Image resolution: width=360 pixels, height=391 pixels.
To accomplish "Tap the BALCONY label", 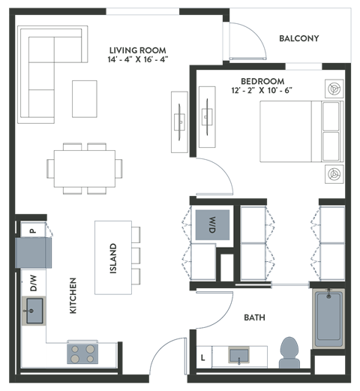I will click(298, 38).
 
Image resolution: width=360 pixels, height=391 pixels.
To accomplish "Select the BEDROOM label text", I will click(262, 80).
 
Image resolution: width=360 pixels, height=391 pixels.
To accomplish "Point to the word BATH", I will click(253, 318).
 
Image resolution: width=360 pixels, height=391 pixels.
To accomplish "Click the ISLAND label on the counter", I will click(113, 258).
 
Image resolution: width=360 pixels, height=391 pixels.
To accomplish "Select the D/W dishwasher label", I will click(33, 283).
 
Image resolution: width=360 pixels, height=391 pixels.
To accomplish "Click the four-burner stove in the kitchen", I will click(82, 352).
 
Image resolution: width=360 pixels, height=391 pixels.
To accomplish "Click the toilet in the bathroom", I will click(289, 351).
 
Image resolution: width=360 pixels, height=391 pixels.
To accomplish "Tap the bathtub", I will click(328, 318).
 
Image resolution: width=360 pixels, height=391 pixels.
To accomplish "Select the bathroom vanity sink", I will click(239, 356).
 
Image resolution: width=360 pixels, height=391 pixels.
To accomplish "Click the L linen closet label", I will click(202, 357).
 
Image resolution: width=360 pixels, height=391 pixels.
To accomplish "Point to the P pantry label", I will click(32, 231).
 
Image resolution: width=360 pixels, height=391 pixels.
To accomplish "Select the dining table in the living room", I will click(84, 167).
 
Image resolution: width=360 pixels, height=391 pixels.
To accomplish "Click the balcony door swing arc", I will click(247, 41).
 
